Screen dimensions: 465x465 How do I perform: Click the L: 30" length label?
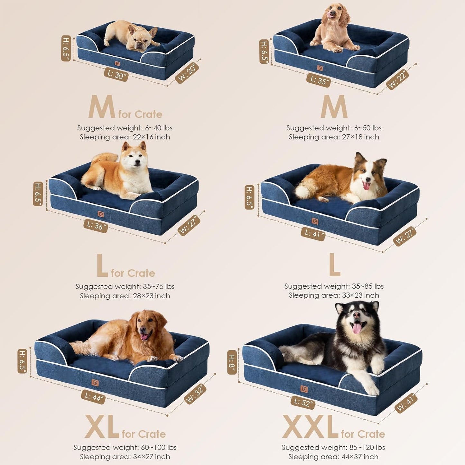coord(116,75)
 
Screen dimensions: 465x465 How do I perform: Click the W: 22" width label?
coord(398,79)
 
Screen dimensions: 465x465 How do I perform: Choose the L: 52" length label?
coord(302,402)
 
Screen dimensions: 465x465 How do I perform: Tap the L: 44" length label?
coord(93,397)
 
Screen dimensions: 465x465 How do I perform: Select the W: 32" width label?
coord(195,394)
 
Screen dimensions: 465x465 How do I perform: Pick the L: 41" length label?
coord(313,234)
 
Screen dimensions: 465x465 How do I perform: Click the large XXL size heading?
coord(310,427)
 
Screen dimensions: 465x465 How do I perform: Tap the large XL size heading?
coord(102,427)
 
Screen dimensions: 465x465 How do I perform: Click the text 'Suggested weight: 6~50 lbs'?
coord(334,128)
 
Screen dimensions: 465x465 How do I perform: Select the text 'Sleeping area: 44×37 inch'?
coord(333,457)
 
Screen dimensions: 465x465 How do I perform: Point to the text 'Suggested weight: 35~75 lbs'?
coord(125,286)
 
